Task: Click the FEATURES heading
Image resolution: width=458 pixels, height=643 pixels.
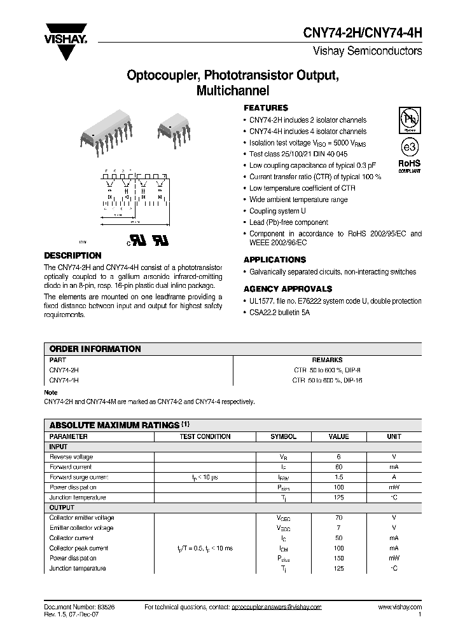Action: tap(266, 108)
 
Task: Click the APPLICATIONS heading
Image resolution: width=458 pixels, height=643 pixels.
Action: tap(275, 260)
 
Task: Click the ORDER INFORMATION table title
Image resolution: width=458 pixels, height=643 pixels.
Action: tap(95, 349)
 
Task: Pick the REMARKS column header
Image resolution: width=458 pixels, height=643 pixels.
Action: tap(327, 360)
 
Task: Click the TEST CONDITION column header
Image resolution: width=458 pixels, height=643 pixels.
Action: tap(205, 437)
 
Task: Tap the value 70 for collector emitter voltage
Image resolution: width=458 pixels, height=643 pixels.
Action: tap(338, 518)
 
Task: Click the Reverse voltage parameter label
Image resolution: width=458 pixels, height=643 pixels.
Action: tap(71, 457)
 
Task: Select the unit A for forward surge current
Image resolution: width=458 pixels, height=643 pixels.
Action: tap(394, 477)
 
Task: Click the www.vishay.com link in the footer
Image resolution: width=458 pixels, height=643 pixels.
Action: tap(399, 607)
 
